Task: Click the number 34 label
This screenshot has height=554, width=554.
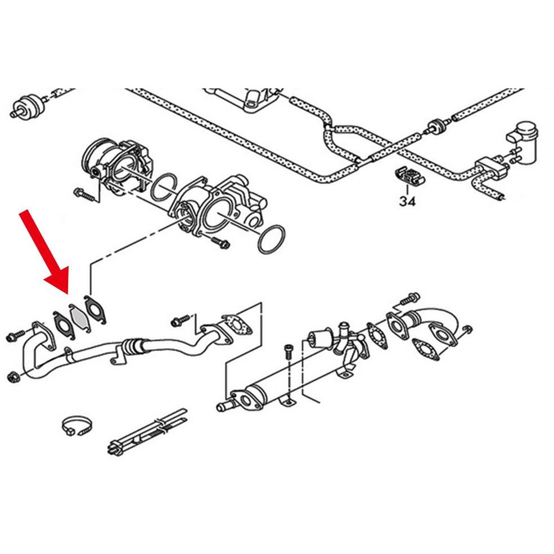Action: [x=407, y=201]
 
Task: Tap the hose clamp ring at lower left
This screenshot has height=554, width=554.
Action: [x=78, y=426]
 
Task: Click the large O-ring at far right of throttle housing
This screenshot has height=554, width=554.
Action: [x=271, y=239]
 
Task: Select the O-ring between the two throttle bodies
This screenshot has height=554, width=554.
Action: [x=164, y=187]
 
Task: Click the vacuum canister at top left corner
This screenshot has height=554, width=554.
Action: [x=28, y=105]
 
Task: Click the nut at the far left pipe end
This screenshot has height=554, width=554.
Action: [x=13, y=377]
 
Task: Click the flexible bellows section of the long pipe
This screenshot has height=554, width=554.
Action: [x=133, y=346]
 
